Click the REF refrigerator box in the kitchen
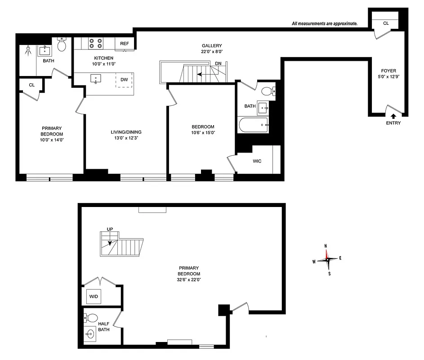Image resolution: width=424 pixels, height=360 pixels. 124,44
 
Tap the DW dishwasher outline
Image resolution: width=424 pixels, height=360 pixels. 124,80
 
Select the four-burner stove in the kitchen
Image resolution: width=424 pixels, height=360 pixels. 94,43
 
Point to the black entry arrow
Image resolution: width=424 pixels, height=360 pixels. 393,117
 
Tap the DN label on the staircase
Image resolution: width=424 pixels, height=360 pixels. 218,63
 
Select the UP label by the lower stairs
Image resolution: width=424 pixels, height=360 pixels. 110,229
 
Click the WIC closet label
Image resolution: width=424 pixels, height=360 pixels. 257,161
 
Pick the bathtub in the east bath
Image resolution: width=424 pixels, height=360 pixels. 254,125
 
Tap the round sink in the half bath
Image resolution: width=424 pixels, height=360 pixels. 90,334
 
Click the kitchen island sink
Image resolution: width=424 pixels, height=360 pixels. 96,79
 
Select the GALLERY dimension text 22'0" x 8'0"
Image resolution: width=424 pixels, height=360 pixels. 211,52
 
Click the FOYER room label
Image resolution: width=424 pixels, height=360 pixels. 388,71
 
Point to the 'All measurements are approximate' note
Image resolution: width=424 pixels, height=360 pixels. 324,24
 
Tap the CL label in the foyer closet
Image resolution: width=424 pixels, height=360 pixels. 386,23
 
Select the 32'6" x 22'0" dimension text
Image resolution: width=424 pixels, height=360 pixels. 189,279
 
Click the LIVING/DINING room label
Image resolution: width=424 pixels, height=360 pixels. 126,132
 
